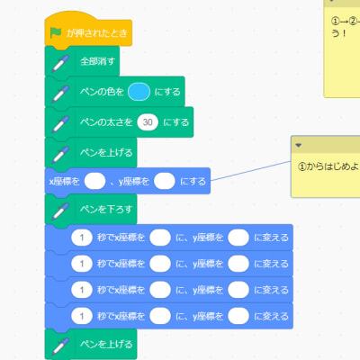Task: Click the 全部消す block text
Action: click(x=97, y=63)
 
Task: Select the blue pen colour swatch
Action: click(x=138, y=92)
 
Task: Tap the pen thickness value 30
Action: click(x=148, y=121)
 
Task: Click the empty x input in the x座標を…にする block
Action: click(x=94, y=181)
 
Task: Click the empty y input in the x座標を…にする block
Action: click(x=165, y=181)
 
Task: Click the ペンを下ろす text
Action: click(x=105, y=210)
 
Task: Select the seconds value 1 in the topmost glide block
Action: click(x=81, y=238)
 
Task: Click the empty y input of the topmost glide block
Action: click(x=238, y=238)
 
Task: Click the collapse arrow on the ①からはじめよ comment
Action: click(x=299, y=145)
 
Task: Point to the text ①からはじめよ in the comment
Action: click(x=328, y=166)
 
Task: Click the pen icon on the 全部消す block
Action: click(x=59, y=63)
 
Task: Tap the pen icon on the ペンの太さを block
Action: click(x=59, y=121)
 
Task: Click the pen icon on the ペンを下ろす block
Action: click(x=59, y=210)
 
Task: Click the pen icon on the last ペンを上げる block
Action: click(x=59, y=345)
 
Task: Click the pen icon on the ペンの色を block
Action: click(x=59, y=92)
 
